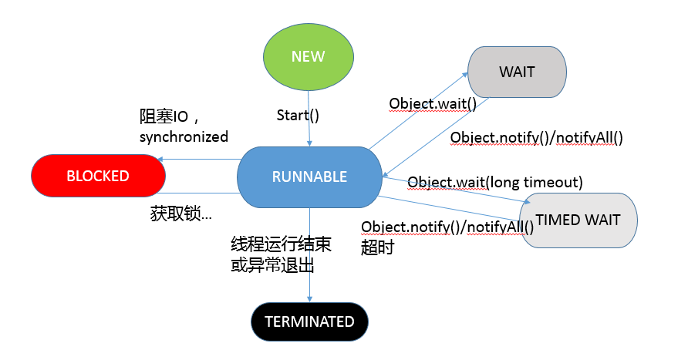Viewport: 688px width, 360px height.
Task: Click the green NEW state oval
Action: point(309,57)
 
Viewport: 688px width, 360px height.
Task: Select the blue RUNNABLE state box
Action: point(309,177)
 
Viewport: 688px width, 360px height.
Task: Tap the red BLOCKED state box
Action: point(99,176)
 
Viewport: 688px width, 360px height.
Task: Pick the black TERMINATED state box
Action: point(309,321)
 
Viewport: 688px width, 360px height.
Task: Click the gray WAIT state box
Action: point(517,72)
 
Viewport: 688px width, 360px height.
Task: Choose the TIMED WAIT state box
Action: point(578,220)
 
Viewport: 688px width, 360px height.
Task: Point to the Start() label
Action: point(298,116)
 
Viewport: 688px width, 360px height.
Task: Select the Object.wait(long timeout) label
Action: point(494,182)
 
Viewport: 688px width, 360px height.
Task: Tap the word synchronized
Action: point(184,137)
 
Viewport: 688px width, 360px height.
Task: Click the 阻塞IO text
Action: point(169,118)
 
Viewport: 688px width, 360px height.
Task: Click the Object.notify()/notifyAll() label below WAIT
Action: point(536,137)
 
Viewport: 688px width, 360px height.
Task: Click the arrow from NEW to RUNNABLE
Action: point(309,116)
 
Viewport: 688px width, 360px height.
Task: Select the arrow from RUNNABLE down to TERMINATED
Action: point(309,254)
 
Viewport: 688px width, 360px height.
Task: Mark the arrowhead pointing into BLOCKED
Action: point(159,160)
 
